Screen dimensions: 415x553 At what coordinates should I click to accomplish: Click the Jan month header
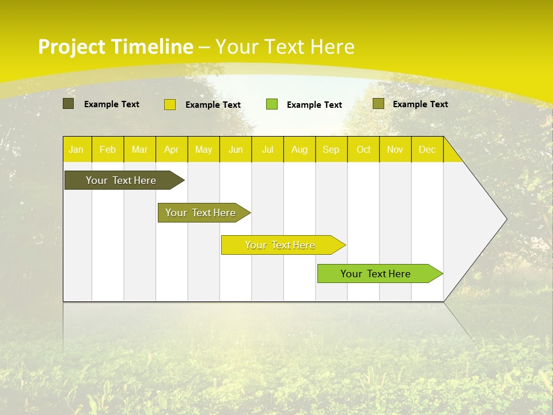(76, 149)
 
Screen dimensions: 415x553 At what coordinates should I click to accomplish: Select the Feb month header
(108, 149)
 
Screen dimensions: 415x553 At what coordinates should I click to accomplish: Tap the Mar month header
(139, 149)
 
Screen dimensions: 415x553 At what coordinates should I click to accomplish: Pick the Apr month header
(171, 149)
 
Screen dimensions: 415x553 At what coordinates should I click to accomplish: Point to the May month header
(203, 149)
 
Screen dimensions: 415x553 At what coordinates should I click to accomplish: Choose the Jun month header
(236, 149)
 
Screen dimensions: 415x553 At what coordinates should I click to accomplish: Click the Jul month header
(267, 149)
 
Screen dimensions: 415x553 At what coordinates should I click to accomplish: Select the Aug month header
(299, 149)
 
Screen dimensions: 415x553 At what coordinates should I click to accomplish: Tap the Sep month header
(331, 149)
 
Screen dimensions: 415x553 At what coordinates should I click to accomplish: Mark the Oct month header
(363, 149)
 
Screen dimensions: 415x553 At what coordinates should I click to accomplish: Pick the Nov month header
(395, 149)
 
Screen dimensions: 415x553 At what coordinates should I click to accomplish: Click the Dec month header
(427, 149)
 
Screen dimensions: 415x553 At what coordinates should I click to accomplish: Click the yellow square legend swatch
(170, 104)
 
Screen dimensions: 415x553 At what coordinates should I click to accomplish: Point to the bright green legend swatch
(272, 104)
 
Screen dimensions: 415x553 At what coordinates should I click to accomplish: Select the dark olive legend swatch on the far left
(69, 104)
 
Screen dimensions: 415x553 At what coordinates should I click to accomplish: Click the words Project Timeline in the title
(115, 47)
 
